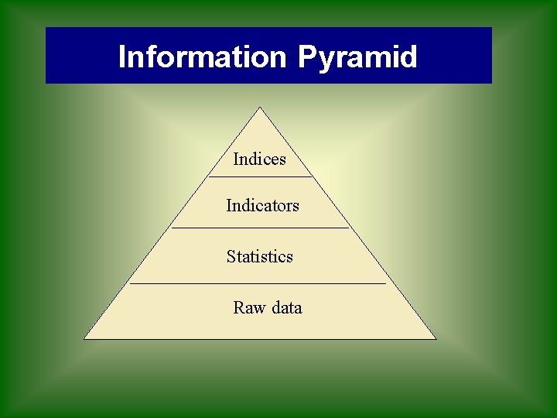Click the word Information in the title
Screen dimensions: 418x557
(202, 57)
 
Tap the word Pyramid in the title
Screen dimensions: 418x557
(357, 57)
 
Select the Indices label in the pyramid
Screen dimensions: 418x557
(259, 159)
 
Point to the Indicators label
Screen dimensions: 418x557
(262, 206)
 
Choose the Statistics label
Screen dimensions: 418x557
(260, 257)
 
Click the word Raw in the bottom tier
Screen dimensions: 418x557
(249, 308)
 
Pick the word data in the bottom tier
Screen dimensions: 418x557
(286, 308)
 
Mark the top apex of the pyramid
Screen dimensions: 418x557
(260, 108)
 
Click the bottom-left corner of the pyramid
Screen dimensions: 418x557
(84, 338)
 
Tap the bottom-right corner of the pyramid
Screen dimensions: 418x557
(436, 338)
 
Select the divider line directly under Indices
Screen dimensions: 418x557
(260, 177)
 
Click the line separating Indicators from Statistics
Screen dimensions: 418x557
(260, 228)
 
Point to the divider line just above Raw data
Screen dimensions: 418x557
(258, 284)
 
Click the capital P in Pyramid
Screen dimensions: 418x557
(306, 57)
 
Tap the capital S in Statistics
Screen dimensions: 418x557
(231, 257)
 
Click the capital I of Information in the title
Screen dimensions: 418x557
(121, 57)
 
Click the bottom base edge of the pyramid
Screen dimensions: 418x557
(260, 339)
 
